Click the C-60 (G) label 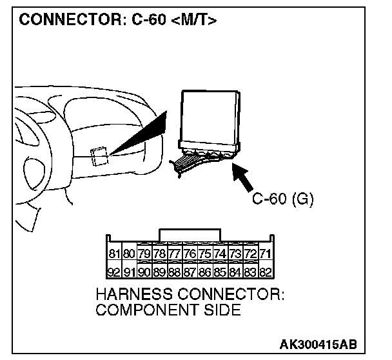282,199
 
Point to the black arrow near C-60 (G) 244,179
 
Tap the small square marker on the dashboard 99,155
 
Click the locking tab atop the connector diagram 190,233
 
